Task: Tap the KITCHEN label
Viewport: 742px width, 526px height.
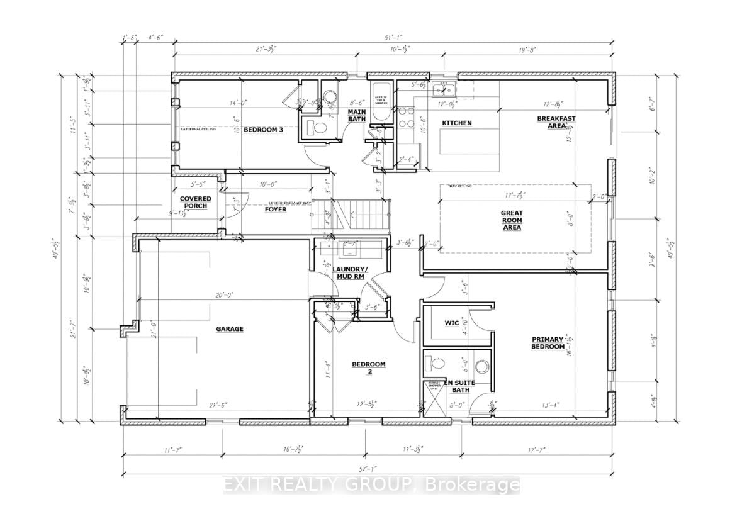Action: coord(456,123)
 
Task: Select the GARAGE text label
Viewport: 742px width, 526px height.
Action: coord(230,328)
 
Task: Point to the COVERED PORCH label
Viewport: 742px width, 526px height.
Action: coord(196,203)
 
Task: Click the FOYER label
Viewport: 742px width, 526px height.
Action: coord(276,210)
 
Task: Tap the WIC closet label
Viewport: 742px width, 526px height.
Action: coord(451,323)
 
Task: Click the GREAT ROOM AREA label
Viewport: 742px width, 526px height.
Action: coord(512,220)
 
